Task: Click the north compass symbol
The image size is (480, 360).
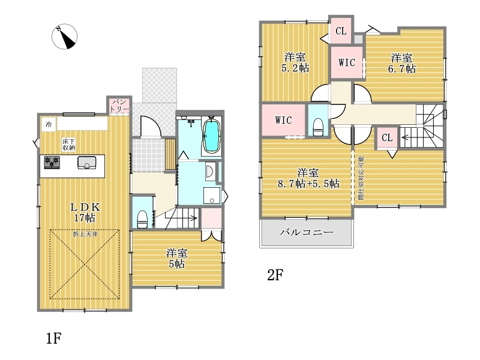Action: [64, 37]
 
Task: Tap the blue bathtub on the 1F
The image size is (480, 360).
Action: [212, 136]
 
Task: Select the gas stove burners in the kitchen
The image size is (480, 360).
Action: [52, 163]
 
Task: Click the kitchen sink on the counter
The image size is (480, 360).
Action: [87, 163]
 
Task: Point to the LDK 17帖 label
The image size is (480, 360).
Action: [85, 212]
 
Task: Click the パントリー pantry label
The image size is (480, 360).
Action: [119, 106]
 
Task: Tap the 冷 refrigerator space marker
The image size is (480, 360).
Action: [49, 124]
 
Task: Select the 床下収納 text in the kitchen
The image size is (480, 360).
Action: [69, 145]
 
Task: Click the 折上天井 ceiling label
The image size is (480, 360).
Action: [85, 234]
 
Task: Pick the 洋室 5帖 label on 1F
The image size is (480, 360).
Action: [176, 259]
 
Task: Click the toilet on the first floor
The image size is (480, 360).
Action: [142, 219]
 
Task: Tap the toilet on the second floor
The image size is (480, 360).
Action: [319, 127]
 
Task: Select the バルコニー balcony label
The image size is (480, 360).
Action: [307, 232]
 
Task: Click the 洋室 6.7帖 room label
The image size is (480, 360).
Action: [401, 63]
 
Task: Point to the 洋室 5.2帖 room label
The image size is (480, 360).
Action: [295, 62]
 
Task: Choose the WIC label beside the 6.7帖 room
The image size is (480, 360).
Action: [347, 62]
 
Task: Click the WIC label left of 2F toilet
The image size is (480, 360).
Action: [283, 120]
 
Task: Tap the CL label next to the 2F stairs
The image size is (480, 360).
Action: [387, 138]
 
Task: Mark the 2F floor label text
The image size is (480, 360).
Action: [275, 275]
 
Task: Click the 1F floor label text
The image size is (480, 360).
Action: [54, 338]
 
